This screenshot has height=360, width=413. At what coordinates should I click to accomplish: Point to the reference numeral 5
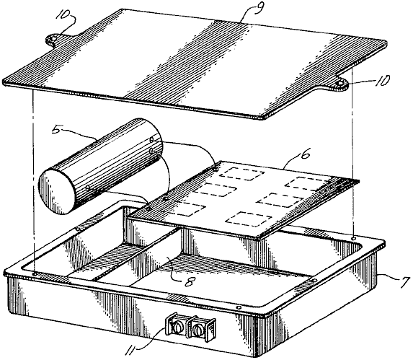tap(57, 129)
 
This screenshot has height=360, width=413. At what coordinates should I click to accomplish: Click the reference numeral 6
tap(306, 154)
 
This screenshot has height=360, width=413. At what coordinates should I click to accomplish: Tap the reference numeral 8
tap(189, 282)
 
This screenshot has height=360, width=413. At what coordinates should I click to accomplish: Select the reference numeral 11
tap(131, 350)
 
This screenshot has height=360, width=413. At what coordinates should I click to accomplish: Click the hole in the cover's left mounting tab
tap(53, 39)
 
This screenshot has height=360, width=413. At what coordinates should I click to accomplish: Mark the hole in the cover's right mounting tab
tap(339, 84)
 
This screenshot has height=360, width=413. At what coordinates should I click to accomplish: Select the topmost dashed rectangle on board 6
tap(241, 174)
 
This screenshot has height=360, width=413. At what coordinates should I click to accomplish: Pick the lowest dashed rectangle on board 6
tap(249, 219)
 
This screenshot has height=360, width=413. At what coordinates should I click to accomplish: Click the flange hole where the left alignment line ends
tap(35, 274)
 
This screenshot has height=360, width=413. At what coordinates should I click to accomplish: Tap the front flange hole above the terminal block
tap(239, 307)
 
